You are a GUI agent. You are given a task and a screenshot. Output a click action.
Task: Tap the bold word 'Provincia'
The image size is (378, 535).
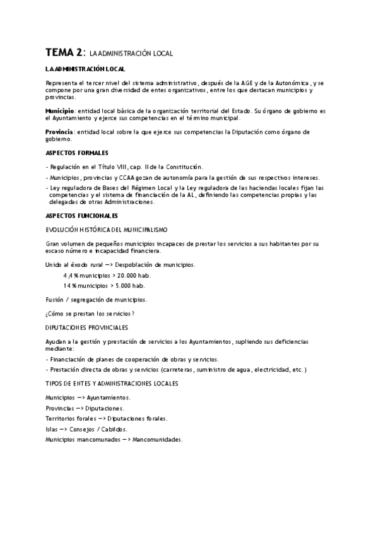click(x=59, y=132)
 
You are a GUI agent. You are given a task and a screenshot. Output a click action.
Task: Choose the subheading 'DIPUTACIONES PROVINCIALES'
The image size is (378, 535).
click(x=86, y=327)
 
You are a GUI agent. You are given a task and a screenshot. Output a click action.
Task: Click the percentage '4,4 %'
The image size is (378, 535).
click(x=70, y=275)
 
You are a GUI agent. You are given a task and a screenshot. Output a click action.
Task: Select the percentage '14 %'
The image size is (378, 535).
click(x=69, y=285)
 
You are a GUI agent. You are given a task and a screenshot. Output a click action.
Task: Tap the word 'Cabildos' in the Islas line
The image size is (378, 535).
click(x=110, y=428)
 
